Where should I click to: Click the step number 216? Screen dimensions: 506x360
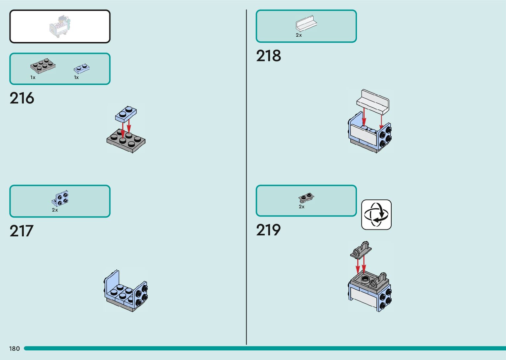click(22, 98)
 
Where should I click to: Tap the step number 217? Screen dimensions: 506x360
click(21, 231)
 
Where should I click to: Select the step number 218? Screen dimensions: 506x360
click(268, 56)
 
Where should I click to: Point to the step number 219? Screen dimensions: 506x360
click(268, 230)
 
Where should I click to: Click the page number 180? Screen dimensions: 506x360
click(15, 348)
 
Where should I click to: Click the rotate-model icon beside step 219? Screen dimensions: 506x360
click(376, 215)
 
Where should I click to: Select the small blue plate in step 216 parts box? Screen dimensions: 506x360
click(81, 68)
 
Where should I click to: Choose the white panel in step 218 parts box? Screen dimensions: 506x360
click(306, 23)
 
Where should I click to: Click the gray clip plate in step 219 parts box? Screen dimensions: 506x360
click(306, 198)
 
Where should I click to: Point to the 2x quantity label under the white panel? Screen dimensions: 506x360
click(299, 35)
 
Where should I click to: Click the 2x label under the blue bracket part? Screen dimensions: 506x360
click(55, 210)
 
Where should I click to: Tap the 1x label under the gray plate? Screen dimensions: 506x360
click(33, 77)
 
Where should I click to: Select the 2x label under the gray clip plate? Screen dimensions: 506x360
click(301, 207)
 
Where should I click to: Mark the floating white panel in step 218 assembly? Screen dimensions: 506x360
click(375, 100)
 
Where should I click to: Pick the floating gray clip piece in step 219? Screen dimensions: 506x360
click(361, 250)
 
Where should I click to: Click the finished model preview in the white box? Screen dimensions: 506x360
click(60, 26)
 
